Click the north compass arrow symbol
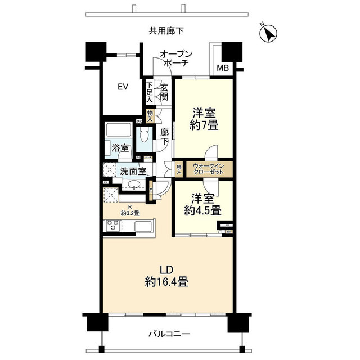269,34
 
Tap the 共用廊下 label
167,31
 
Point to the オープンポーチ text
176,59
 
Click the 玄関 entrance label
164,92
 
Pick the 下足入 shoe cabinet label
149,92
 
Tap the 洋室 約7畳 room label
203,119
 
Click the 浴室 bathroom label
120,148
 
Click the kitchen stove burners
112,226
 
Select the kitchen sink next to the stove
145,227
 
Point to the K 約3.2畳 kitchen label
129,209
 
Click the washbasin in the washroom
134,186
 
